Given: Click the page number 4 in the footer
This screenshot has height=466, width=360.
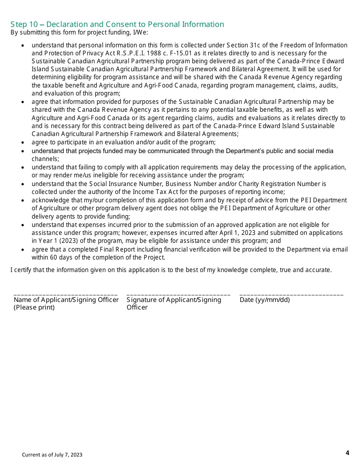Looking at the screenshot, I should (347, 453).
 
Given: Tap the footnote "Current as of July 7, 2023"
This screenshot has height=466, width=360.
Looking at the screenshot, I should (52, 455).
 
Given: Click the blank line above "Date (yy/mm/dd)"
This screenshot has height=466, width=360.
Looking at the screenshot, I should (291, 294).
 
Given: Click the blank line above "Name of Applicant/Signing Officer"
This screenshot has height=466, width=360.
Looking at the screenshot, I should (65, 294).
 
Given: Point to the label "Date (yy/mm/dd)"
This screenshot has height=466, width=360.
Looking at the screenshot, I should (265, 300).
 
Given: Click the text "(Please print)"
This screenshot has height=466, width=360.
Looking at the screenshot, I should (34, 307).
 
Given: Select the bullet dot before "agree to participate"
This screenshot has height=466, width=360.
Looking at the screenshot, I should (23, 143).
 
